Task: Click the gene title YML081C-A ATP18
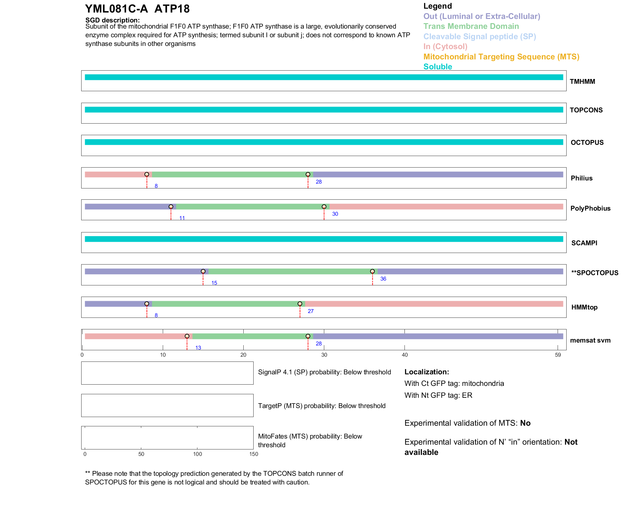(137, 9)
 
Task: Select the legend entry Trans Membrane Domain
(471, 26)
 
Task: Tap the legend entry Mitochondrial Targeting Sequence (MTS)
(501, 57)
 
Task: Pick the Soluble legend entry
(438, 67)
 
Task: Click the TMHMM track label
(582, 82)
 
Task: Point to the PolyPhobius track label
(590, 208)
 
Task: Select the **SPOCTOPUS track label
(595, 273)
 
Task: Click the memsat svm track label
(590, 340)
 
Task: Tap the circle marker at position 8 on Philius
(147, 174)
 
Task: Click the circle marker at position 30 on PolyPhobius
(324, 207)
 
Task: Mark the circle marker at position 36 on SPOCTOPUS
(372, 271)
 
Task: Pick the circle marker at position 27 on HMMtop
(300, 304)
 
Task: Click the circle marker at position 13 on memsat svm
(187, 336)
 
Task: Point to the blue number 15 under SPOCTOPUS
(214, 283)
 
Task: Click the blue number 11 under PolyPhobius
(182, 218)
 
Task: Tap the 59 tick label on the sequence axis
(558, 355)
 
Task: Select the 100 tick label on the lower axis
(197, 454)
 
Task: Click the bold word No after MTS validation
(525, 423)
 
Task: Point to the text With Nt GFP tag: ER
(438, 395)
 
